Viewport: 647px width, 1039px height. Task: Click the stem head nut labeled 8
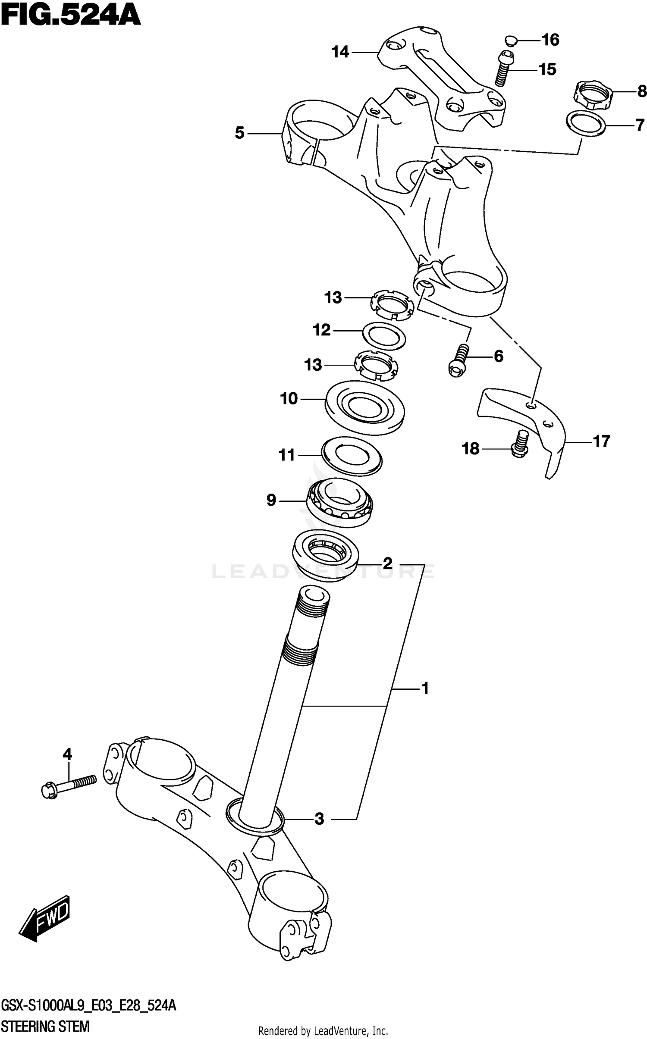tap(594, 95)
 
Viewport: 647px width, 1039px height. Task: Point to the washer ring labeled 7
tap(585, 124)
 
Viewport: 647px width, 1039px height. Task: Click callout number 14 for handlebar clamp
tap(340, 53)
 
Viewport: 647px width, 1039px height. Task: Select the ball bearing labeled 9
tap(339, 502)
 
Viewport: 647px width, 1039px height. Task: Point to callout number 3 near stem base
tap(319, 819)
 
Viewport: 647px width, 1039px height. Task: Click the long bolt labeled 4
tap(69, 786)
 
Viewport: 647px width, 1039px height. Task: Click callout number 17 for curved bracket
tap(601, 441)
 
